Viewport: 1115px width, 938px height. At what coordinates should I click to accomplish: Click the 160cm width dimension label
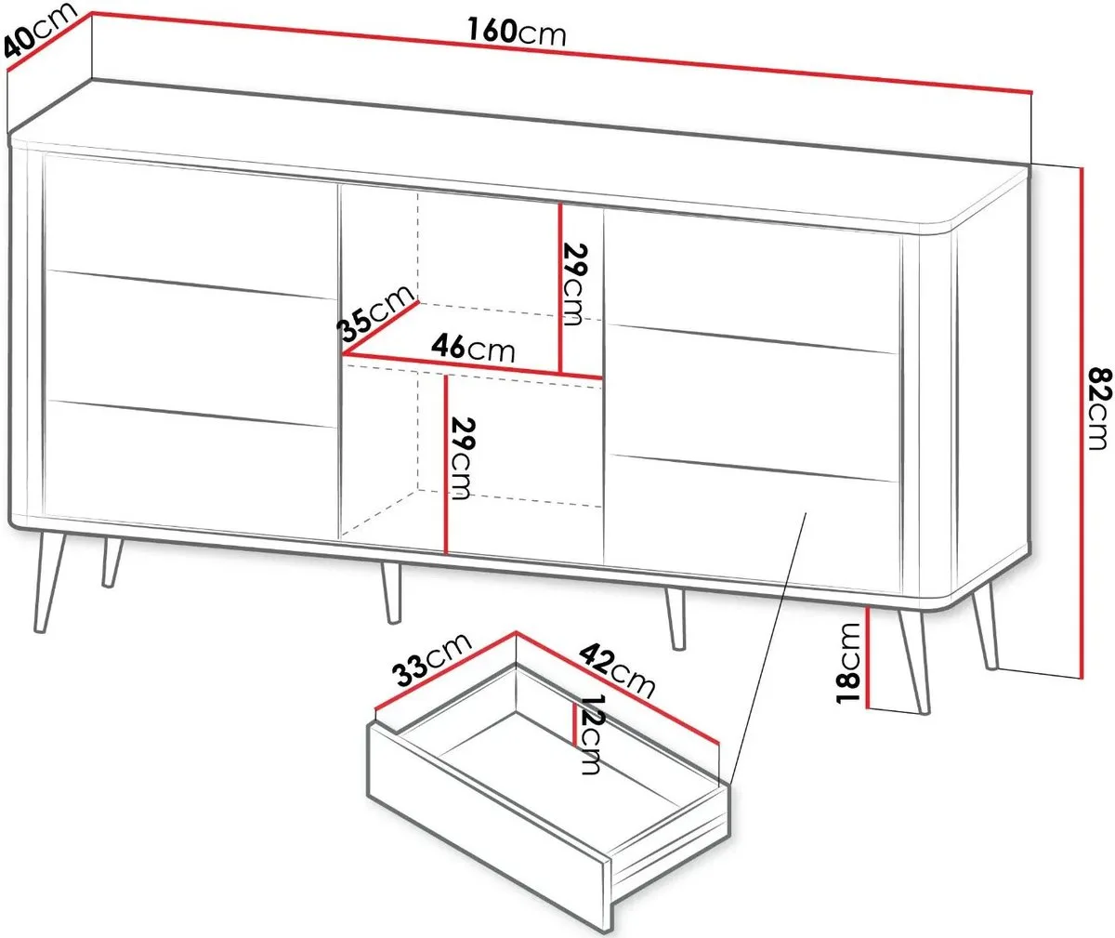(x=517, y=31)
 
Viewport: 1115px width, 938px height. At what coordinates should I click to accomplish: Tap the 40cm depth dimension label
(x=40, y=31)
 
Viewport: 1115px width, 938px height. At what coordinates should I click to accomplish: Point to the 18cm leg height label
(x=848, y=663)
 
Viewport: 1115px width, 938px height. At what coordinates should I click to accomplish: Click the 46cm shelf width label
(x=473, y=348)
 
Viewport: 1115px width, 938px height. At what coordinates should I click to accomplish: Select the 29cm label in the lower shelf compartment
(x=463, y=458)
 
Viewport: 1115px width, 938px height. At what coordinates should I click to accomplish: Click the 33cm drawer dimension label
(x=433, y=661)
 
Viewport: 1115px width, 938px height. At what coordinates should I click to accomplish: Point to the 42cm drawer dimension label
(x=617, y=671)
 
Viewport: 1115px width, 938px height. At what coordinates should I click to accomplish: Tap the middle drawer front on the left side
(x=191, y=349)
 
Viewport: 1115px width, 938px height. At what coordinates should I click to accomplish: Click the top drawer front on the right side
(x=752, y=280)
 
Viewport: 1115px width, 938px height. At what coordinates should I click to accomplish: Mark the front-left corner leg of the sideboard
(x=49, y=583)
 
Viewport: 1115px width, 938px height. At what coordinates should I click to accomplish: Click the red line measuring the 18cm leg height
(x=868, y=657)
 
